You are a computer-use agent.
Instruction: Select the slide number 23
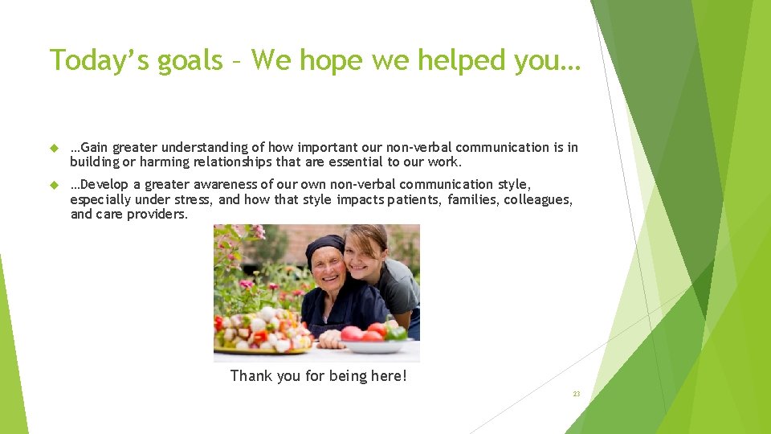pyautogui.click(x=576, y=394)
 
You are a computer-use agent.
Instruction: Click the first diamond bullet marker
pyautogui.click(x=54, y=148)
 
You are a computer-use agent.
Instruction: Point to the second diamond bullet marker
pyautogui.click(x=54, y=185)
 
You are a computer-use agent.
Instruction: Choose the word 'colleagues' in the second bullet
pyautogui.click(x=538, y=199)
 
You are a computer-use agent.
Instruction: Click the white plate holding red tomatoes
pyautogui.click(x=373, y=346)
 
